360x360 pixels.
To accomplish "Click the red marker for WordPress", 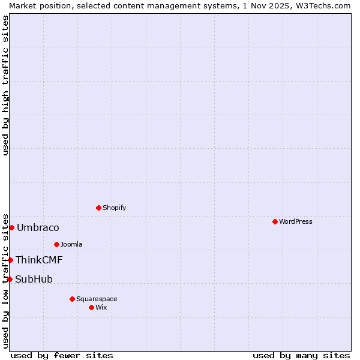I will (275, 221).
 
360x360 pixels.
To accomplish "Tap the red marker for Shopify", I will (98, 208).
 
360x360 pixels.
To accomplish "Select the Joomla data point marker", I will (56, 244).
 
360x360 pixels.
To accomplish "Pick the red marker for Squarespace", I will (72, 299).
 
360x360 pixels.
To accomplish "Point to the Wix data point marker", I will (91, 307).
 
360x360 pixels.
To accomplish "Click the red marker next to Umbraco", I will (11, 227).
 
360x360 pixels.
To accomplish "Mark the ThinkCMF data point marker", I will (10, 260).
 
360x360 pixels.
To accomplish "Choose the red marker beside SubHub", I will (10, 279).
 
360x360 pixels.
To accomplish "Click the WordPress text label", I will (295, 221).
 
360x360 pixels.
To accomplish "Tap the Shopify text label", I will (114, 208).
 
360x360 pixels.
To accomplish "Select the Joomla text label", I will (71, 244).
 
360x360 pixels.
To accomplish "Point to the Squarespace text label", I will (97, 299).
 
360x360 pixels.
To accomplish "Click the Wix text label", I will (101, 307).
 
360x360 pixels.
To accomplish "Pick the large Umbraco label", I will (38, 227).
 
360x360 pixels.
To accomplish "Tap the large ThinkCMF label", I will (39, 260).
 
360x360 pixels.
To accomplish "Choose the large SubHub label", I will (34, 279).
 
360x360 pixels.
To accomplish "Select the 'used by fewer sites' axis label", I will (62, 355).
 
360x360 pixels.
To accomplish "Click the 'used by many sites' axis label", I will (301, 355).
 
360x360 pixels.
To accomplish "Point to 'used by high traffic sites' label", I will (5, 85).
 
